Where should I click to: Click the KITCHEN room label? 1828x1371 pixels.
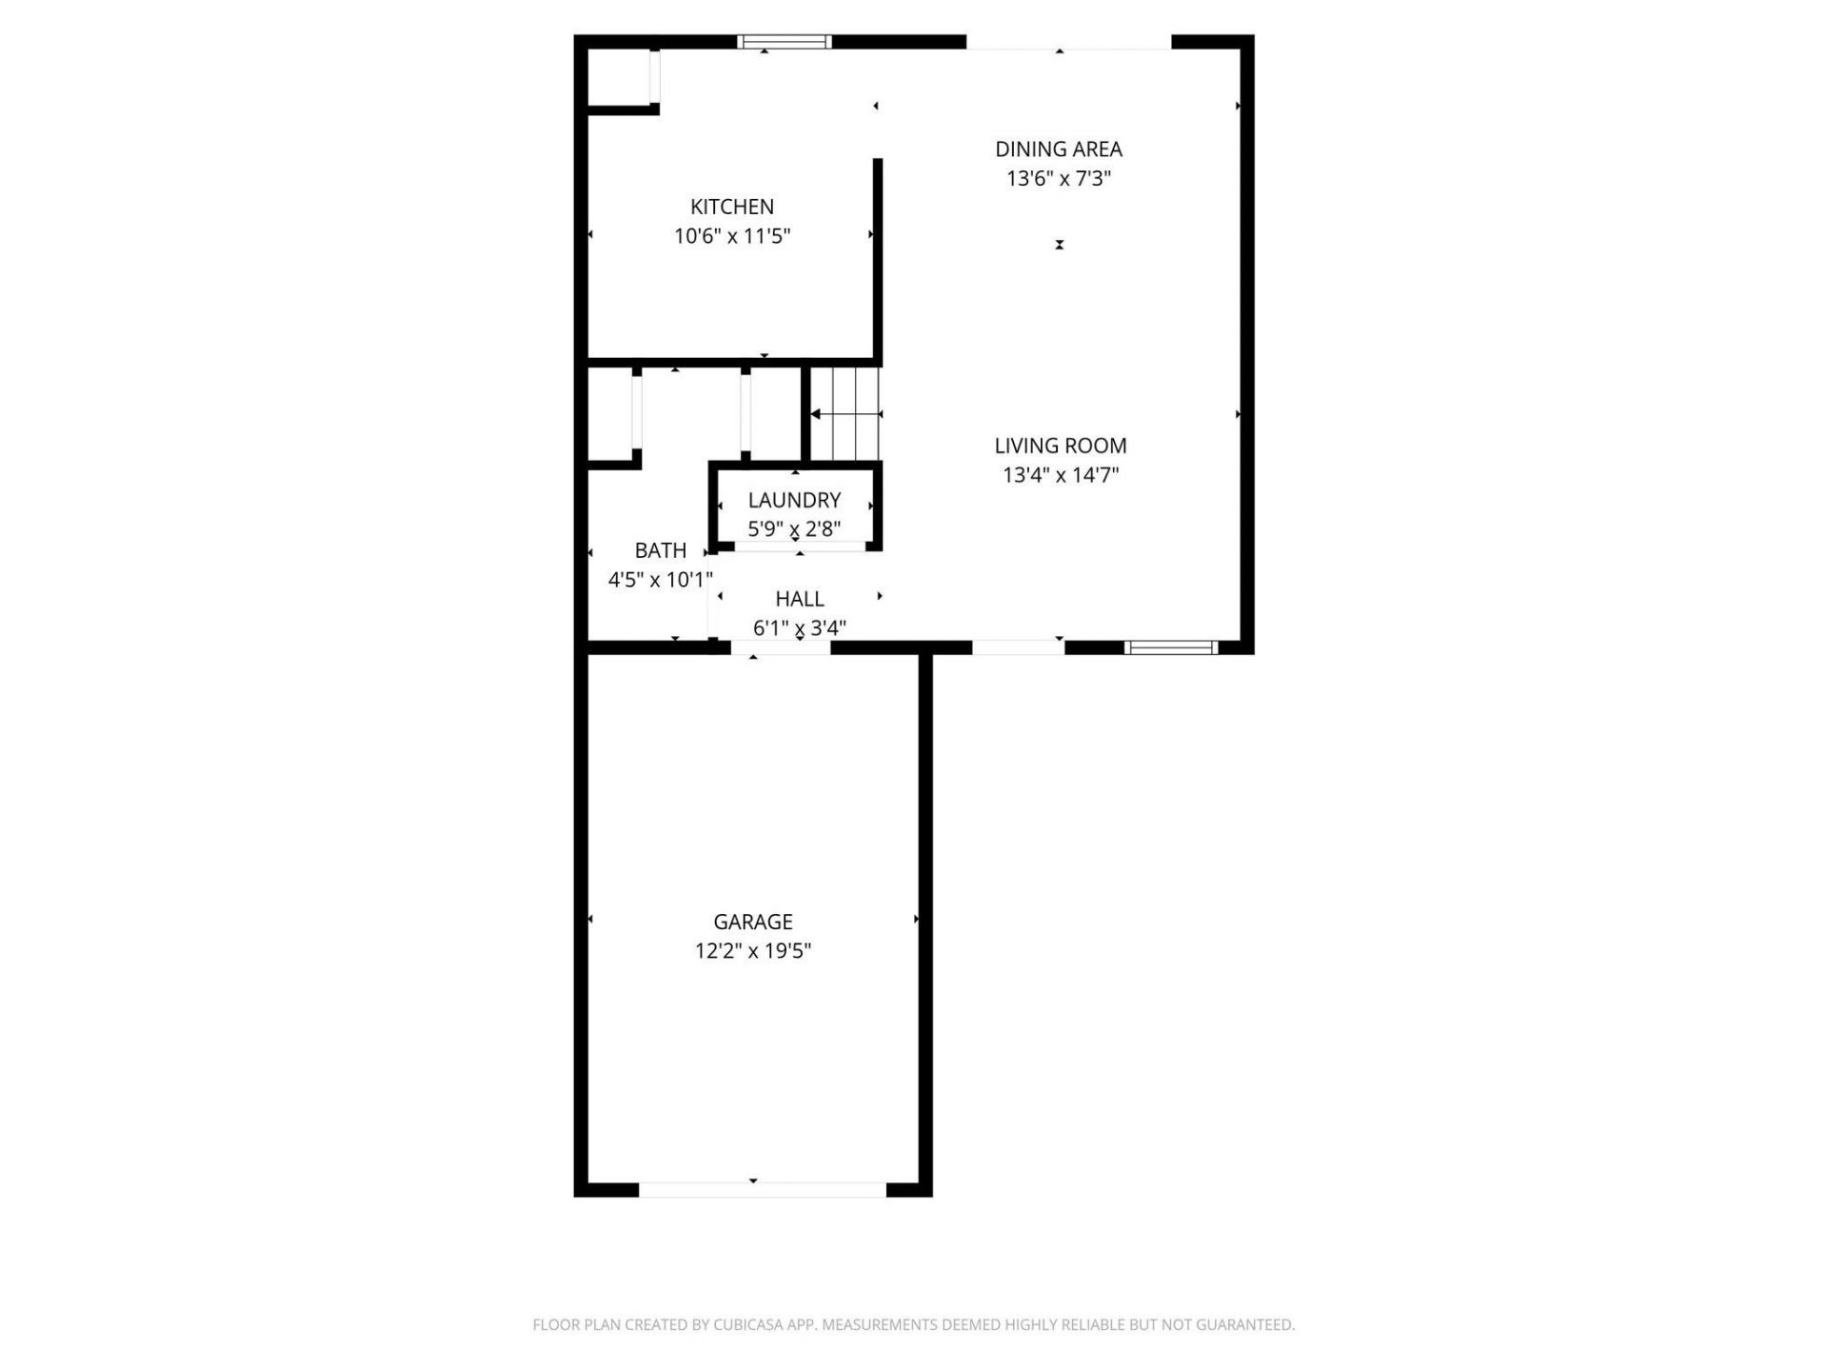(x=731, y=207)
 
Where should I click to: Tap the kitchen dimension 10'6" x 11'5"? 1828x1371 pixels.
(x=732, y=236)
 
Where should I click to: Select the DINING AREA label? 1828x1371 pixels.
(x=1058, y=149)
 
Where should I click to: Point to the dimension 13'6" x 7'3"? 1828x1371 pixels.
(x=1059, y=178)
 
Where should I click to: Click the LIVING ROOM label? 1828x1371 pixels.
(x=1060, y=446)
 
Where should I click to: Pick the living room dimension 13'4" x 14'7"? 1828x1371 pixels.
(x=1060, y=474)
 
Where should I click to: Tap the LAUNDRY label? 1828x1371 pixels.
(x=794, y=501)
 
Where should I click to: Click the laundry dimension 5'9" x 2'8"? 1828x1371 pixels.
(x=794, y=529)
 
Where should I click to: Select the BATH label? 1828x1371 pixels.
(x=660, y=550)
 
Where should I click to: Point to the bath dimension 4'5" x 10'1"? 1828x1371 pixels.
(x=660, y=579)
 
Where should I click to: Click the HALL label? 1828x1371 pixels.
(x=799, y=599)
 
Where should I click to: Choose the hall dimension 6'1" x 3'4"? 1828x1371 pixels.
(x=799, y=627)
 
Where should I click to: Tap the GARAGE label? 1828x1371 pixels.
(x=752, y=922)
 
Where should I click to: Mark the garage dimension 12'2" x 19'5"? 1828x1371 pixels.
(x=752, y=950)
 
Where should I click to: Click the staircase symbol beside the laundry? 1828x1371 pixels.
(x=845, y=414)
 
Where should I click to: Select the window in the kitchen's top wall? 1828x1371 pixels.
(x=785, y=42)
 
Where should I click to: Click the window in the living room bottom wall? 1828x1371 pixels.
(x=1170, y=647)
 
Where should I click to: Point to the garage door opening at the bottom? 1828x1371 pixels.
(x=762, y=1189)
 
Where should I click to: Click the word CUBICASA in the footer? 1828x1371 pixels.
(x=752, y=1324)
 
